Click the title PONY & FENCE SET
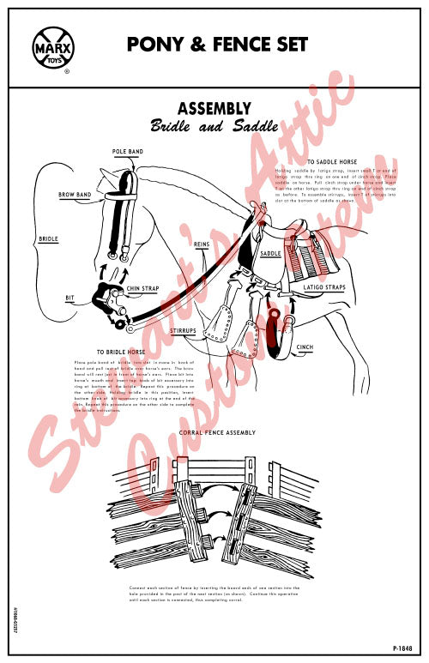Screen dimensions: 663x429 pos(217,45)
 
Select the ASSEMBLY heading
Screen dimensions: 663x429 pos(214,108)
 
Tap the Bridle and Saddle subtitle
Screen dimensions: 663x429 pos(214,126)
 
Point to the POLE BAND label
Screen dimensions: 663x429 pos(127,152)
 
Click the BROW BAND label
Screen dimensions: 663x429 pos(76,195)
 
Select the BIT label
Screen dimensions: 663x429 pos(70,298)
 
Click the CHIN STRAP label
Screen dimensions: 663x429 pos(145,288)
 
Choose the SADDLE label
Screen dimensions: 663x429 pos(271,254)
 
